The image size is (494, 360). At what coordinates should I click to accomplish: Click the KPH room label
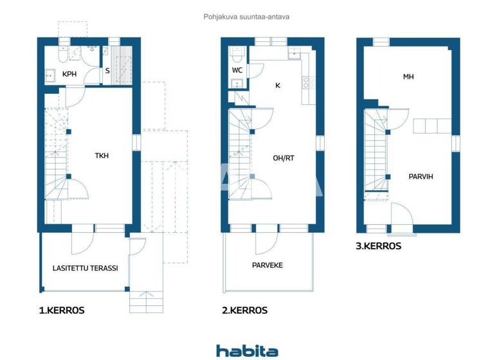click(x=69, y=75)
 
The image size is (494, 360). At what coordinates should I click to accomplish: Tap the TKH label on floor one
click(x=102, y=155)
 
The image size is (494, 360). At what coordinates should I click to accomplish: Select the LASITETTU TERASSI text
click(x=85, y=268)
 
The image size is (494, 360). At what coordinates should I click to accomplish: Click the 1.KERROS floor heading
click(x=61, y=310)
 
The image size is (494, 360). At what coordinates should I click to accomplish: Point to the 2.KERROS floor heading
click(x=244, y=310)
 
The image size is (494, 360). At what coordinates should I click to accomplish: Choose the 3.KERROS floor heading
click(x=378, y=246)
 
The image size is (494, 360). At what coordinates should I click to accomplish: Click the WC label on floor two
click(x=237, y=70)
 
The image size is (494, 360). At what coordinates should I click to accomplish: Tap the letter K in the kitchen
click(x=278, y=85)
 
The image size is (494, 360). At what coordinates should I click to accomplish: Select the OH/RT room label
click(x=283, y=157)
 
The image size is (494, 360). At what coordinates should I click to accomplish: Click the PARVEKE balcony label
click(x=267, y=265)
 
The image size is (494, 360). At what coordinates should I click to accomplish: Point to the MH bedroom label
click(x=408, y=77)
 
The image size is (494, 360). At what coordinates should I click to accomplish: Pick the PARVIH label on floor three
click(x=420, y=176)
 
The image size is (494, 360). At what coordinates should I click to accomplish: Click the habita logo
click(x=247, y=350)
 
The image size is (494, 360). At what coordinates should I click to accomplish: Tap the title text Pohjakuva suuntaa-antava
click(x=246, y=17)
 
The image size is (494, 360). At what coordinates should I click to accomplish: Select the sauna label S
click(x=107, y=72)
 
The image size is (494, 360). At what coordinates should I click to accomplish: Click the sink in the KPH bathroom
click(x=50, y=75)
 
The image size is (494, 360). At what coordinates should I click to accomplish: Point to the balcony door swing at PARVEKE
click(x=265, y=243)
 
